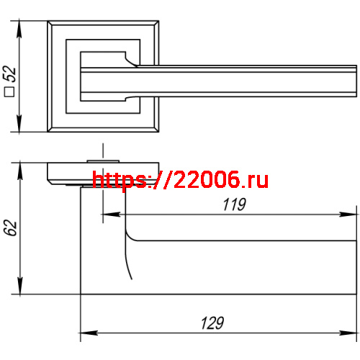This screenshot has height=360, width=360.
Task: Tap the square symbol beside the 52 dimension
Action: click(10, 91)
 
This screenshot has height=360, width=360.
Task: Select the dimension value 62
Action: click(10, 228)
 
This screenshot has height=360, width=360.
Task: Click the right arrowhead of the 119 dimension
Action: click(352, 214)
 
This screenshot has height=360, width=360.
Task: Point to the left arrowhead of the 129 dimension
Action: click(85, 333)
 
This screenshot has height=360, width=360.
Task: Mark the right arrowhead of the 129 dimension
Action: click(352, 333)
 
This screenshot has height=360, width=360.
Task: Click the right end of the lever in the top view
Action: click(356, 81)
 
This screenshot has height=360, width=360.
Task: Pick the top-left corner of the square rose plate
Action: click(48, 22)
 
